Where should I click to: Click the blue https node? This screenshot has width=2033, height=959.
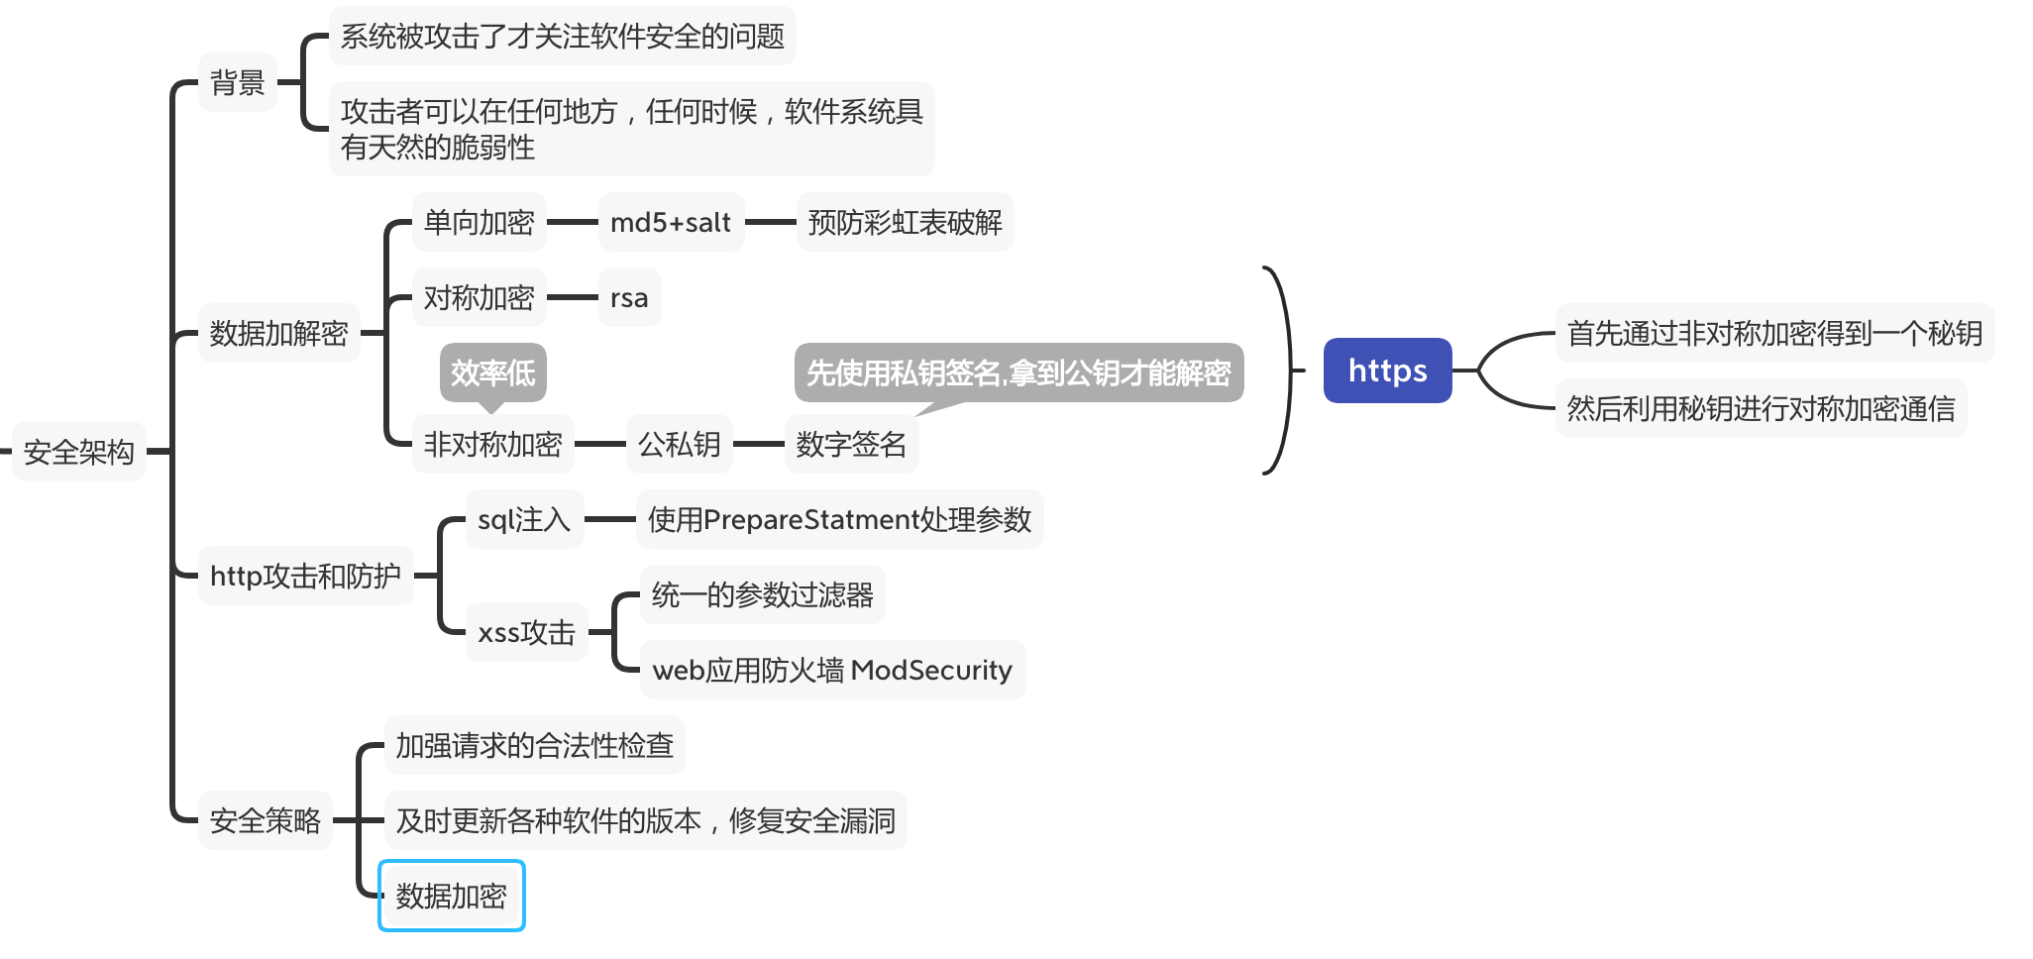1387,371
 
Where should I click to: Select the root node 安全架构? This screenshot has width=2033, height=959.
78,452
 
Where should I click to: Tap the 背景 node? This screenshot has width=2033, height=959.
238,82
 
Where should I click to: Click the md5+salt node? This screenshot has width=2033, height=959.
671,222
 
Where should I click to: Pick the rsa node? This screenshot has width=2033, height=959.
629,297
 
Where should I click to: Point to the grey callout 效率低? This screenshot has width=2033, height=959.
492,373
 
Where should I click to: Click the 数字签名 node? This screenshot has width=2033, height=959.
851,444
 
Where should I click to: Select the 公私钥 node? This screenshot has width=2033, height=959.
679,444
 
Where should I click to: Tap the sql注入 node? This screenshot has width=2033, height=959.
524,519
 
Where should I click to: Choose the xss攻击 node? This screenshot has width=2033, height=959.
526,632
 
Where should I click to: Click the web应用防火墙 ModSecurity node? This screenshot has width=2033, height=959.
832,670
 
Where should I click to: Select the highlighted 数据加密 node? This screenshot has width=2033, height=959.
452,896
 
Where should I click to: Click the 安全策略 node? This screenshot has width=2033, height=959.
265,820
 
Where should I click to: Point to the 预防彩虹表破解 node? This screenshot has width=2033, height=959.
905,222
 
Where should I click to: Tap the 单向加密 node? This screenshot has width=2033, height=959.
479,222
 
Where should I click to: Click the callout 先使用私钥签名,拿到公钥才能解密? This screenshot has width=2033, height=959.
1018,373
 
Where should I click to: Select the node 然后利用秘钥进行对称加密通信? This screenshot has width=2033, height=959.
1761,408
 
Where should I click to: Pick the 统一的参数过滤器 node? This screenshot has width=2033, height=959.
762,594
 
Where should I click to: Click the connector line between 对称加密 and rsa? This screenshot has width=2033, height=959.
573,297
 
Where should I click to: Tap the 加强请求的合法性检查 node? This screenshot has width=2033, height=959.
534,745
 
